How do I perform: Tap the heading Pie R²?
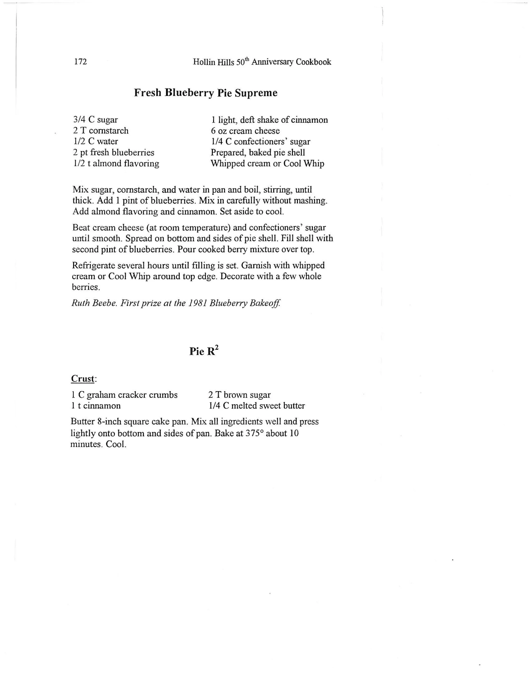pyautogui.click(x=204, y=351)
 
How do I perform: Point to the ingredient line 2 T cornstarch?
pyautogui.click(x=101, y=130)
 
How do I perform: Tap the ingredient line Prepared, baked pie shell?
pyautogui.click(x=257, y=153)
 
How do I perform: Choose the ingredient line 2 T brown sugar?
pyautogui.click(x=239, y=395)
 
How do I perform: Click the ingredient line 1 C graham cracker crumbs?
pyautogui.click(x=124, y=395)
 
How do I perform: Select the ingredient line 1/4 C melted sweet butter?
pyautogui.click(x=257, y=406)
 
